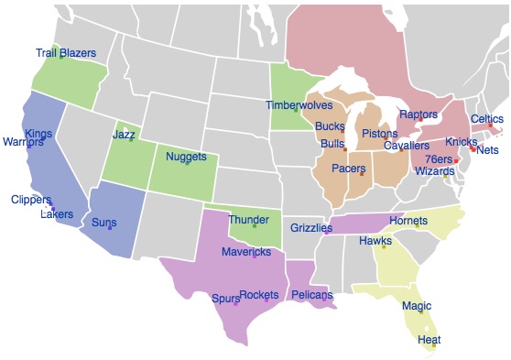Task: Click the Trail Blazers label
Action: (66, 53)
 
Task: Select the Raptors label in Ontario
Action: (419, 115)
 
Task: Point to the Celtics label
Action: (487, 119)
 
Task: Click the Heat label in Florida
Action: (429, 340)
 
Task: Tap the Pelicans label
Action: (312, 295)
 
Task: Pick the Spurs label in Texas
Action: (225, 299)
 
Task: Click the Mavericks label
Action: (246, 252)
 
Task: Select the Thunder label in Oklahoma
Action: (248, 220)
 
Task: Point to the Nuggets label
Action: (186, 157)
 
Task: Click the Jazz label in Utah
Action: (124, 135)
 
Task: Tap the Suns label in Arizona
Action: (104, 222)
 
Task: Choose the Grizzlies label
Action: (311, 226)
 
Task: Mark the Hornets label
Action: (408, 221)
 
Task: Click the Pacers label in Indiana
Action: (348, 169)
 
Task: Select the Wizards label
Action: (434, 171)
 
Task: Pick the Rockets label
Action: (258, 295)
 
